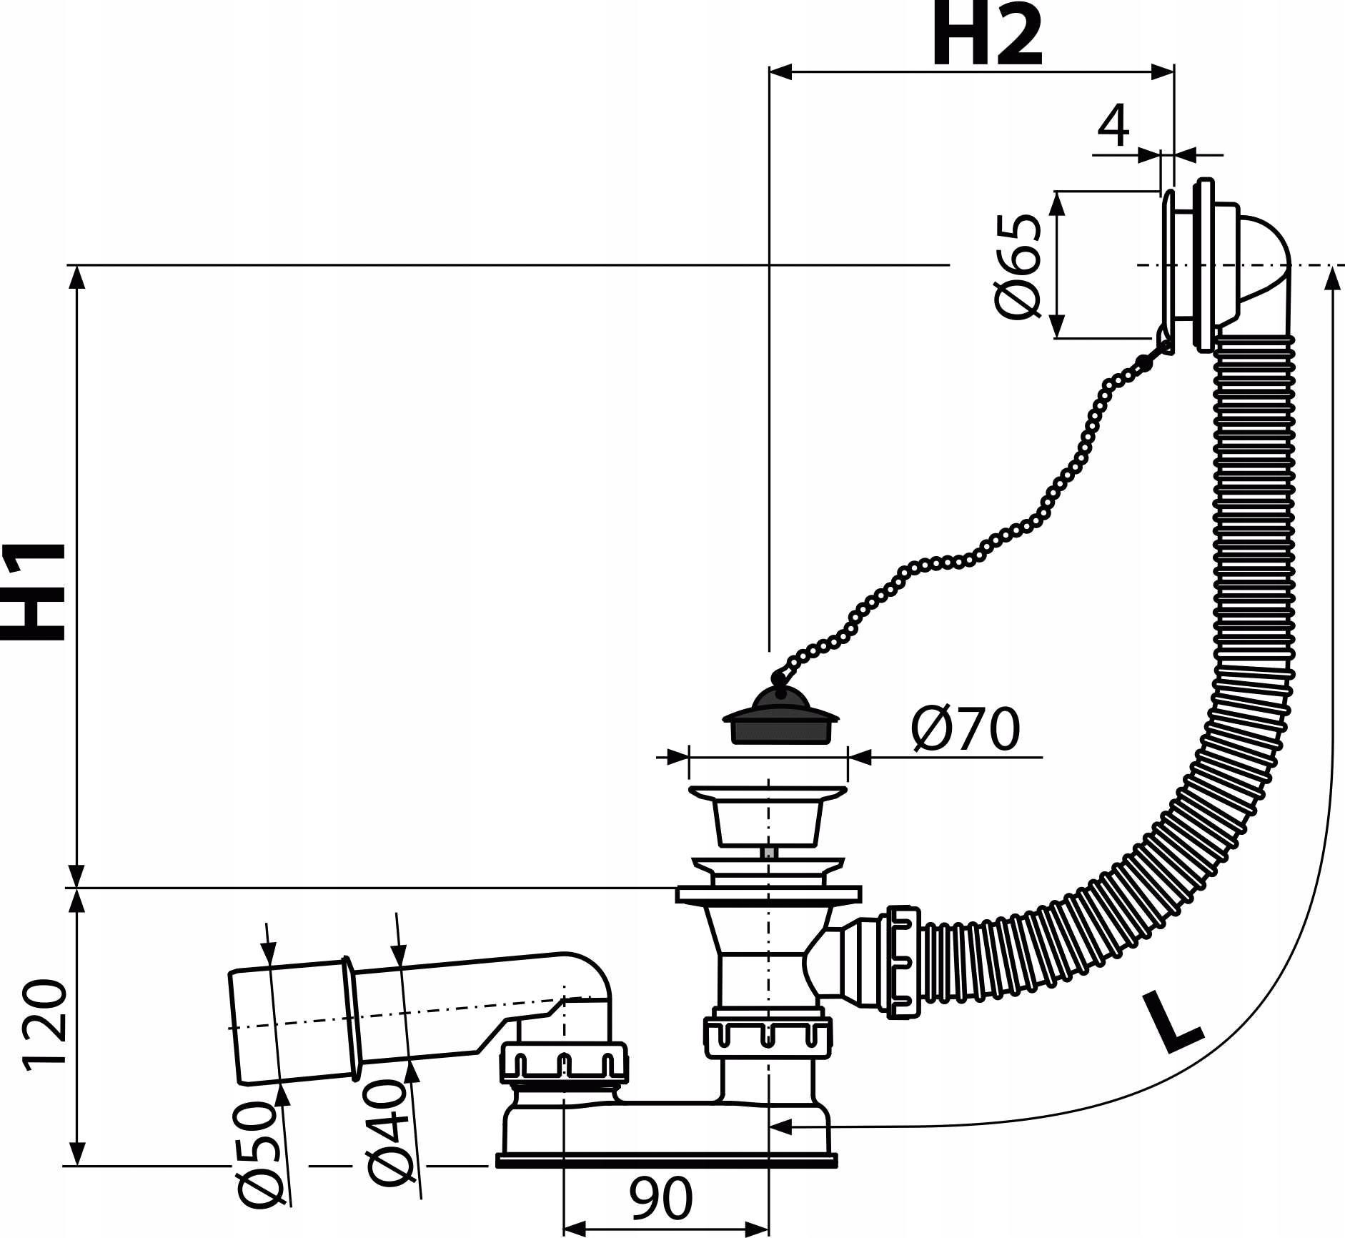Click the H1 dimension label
pyautogui.click(x=34, y=592)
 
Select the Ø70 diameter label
pyautogui.click(x=966, y=729)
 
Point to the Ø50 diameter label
pyautogui.click(x=257, y=1154)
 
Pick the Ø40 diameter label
pyautogui.click(x=389, y=1132)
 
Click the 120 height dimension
pyautogui.click(x=44, y=1025)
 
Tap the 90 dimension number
pyautogui.click(x=661, y=1199)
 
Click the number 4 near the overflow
pyautogui.click(x=1113, y=126)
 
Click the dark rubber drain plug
pyautogui.click(x=780, y=718)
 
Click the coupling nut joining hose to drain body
pyautogui.click(x=902, y=962)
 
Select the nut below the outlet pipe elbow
pyautogui.click(x=563, y=1064)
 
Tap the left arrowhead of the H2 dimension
pyautogui.click(x=780, y=71)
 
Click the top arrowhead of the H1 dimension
pyautogui.click(x=76, y=276)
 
